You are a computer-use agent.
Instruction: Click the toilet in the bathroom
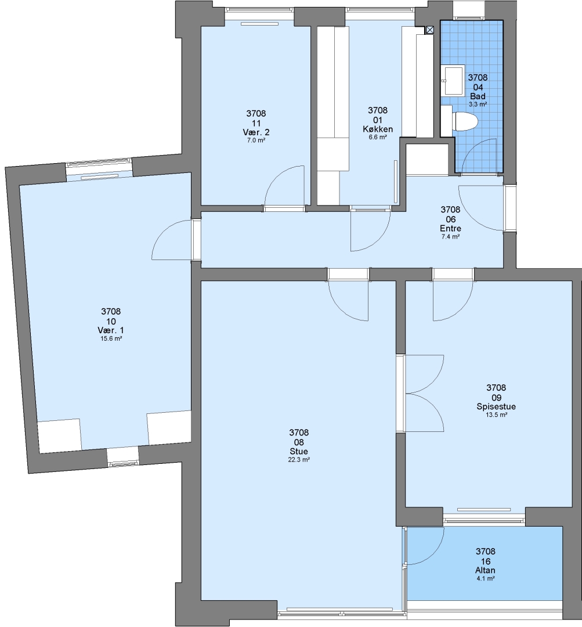466,121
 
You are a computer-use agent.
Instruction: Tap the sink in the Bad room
454,80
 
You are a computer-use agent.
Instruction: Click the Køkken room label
378,129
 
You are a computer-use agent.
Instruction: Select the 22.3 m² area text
299,460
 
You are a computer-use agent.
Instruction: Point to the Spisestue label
496,406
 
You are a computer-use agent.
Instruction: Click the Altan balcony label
485,571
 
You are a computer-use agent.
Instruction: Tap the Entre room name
450,229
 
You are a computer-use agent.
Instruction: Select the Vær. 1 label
111,331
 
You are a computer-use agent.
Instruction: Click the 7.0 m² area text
256,140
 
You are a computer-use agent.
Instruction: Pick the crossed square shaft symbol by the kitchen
429,30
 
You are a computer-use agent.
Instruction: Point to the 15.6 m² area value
111,338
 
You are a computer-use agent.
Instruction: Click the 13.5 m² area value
497,415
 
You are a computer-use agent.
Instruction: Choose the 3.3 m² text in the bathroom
478,105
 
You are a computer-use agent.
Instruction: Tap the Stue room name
299,452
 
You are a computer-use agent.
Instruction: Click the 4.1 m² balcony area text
486,579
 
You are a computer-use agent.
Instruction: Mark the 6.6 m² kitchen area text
378,137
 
